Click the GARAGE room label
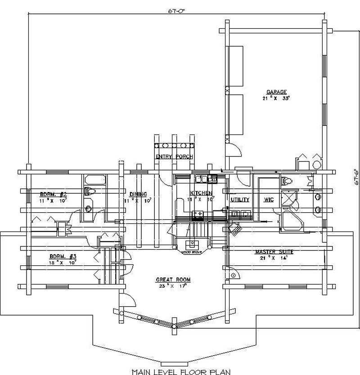point(276,92)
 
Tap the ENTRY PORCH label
point(174,157)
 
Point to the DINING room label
point(138,194)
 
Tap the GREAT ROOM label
point(174,280)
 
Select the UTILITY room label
point(240,199)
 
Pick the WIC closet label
point(269,199)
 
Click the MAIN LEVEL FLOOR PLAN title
point(181,371)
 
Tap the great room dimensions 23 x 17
point(174,286)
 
